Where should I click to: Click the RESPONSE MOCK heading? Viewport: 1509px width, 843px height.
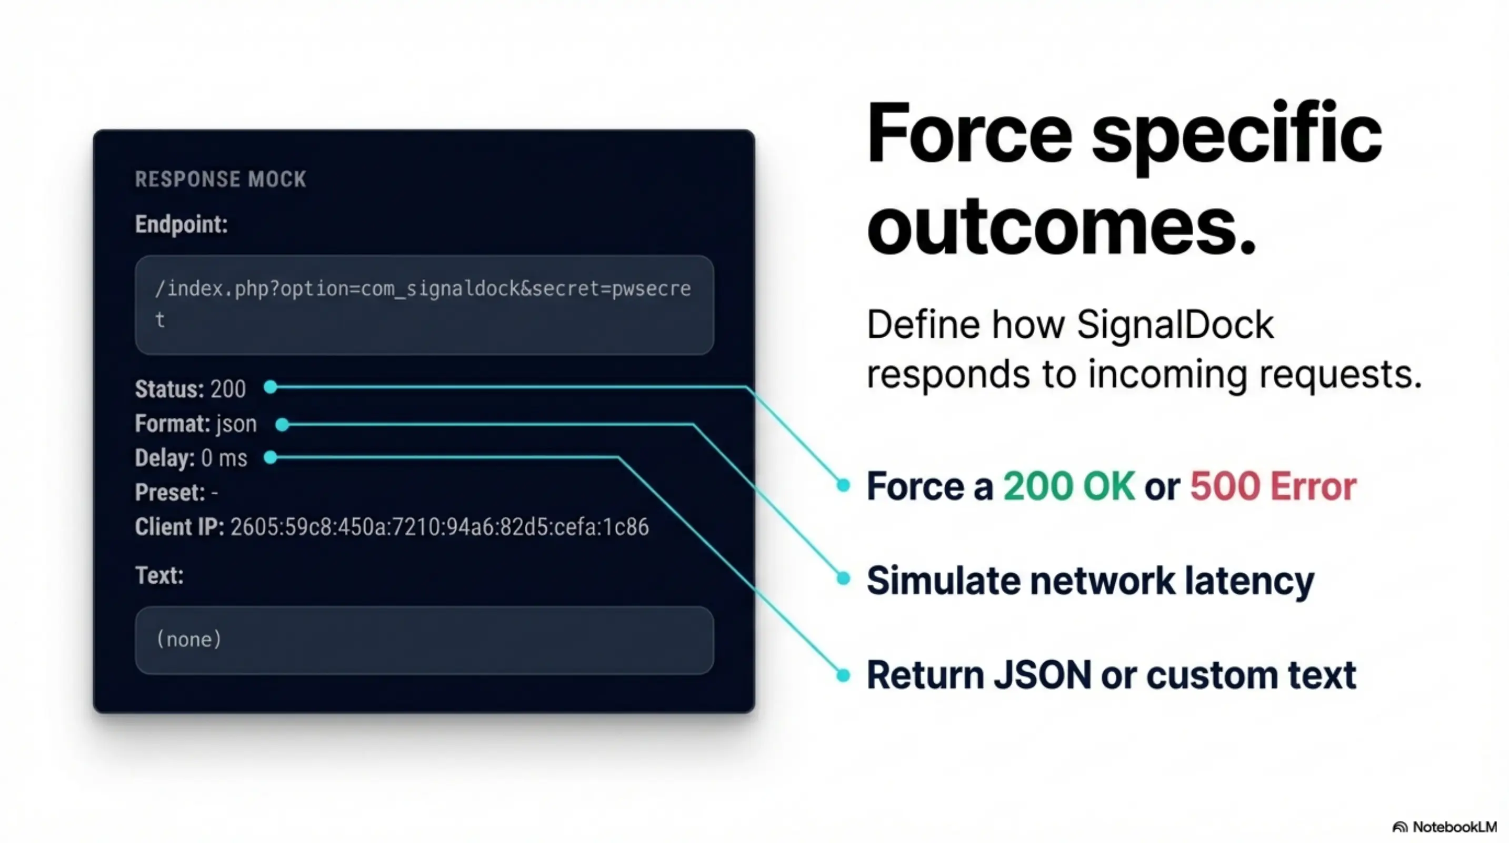[220, 179]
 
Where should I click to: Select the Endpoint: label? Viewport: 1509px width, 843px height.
[181, 224]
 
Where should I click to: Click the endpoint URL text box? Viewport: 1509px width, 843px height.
[424, 305]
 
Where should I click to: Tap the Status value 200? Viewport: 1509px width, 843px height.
[228, 389]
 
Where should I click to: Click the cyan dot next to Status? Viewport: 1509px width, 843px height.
[270, 387]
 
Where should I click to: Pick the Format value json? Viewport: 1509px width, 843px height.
[236, 424]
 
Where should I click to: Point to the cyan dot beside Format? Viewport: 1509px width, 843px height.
[282, 425]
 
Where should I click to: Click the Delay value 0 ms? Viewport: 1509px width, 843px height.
[224, 458]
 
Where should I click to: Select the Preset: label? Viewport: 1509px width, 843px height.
[170, 493]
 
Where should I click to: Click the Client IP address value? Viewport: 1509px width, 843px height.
[439, 527]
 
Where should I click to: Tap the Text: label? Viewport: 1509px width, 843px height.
[159, 576]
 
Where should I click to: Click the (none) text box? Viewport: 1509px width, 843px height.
[424, 640]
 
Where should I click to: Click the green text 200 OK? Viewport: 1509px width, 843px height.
[1068, 487]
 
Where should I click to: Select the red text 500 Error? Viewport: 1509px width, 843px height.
[1272, 487]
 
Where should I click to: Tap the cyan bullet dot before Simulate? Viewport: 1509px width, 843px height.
[843, 579]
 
